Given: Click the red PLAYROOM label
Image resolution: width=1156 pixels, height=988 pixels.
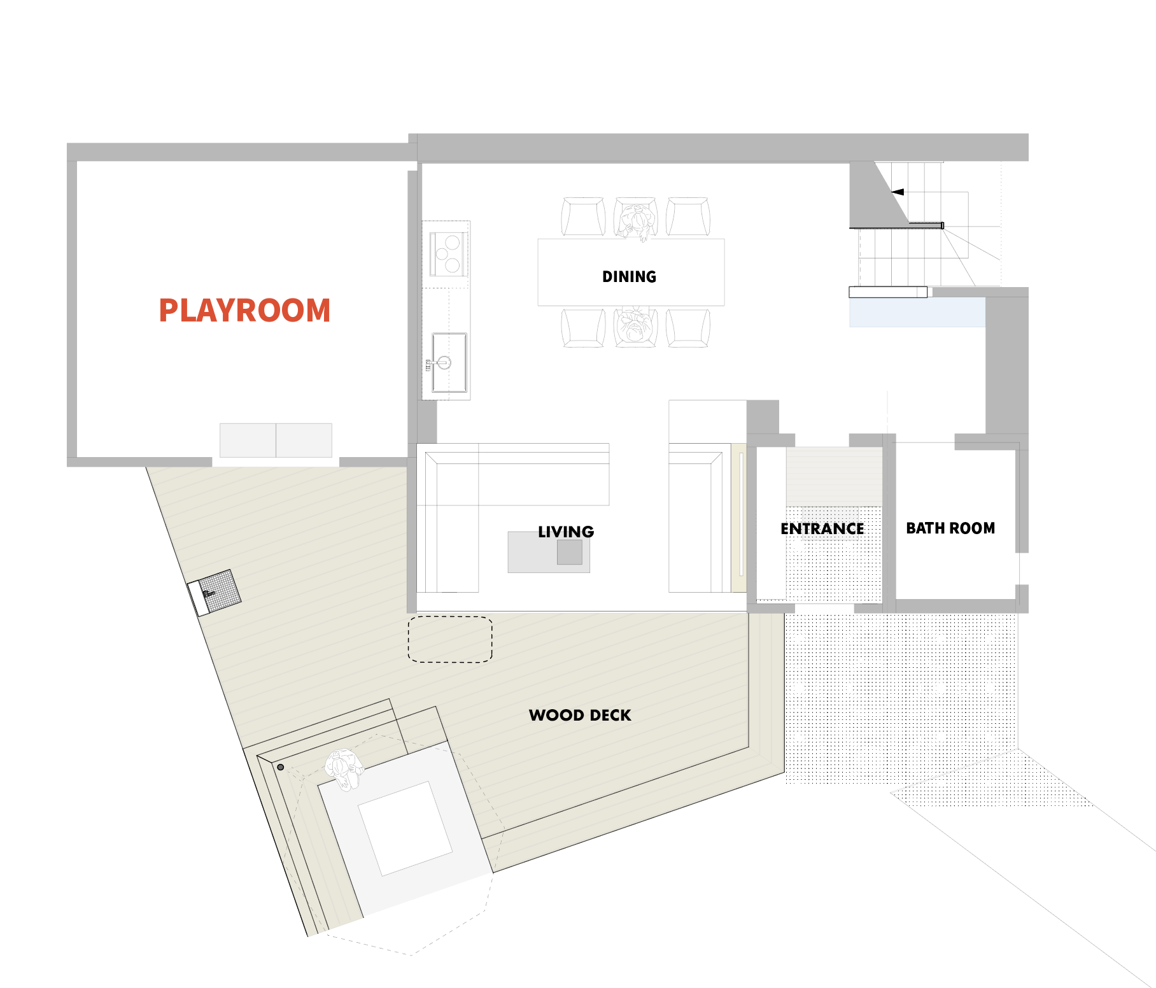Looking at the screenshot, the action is click(244, 311).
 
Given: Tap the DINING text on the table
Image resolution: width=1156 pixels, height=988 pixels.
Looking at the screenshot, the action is click(629, 277).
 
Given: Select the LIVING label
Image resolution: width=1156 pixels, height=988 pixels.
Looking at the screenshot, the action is click(566, 532).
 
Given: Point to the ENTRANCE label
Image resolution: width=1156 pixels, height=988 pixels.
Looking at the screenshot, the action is click(822, 529).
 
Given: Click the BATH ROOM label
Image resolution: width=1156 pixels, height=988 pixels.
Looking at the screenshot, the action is click(950, 528).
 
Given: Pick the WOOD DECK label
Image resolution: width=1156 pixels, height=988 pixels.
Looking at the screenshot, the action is click(580, 716).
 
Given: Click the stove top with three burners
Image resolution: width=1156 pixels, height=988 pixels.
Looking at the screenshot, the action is click(449, 254).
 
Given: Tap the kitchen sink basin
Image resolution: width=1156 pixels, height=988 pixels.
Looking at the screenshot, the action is click(449, 363).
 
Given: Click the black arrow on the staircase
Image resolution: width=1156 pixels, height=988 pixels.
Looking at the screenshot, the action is click(898, 192).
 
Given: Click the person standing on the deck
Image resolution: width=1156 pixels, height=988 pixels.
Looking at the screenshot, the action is click(344, 769).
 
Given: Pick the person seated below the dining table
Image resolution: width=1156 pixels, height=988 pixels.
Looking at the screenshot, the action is click(635, 326).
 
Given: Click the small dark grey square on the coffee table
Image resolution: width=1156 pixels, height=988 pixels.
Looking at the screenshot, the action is click(570, 552).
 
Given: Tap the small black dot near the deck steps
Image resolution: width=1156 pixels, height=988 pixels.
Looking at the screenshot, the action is click(281, 767).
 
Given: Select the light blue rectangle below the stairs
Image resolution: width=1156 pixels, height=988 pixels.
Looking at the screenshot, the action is click(917, 313).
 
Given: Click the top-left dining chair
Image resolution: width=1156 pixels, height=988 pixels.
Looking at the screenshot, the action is click(583, 217).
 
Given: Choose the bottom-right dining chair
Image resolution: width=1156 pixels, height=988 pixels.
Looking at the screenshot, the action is click(688, 328).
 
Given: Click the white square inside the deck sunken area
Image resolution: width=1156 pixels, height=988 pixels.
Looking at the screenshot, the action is click(405, 828).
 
